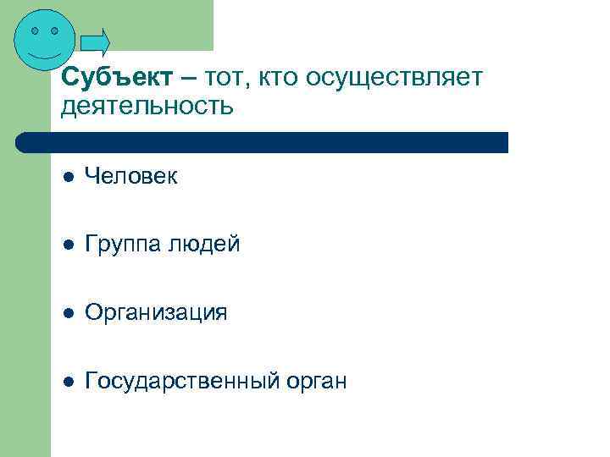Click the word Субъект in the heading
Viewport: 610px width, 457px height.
pyautogui.click(x=119, y=78)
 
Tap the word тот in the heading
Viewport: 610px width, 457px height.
pyautogui.click(x=227, y=78)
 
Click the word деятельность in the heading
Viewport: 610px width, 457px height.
pyautogui.click(x=146, y=107)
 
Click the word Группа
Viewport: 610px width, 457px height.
pyautogui.click(x=124, y=245)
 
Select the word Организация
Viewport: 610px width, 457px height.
pyautogui.click(x=156, y=312)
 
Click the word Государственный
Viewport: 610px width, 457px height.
pyautogui.click(x=182, y=381)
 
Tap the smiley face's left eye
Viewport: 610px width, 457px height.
pyautogui.click(x=36, y=30)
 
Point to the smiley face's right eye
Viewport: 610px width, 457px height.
pyautogui.click(x=55, y=30)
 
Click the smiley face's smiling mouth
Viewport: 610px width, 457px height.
pyautogui.click(x=45, y=53)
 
